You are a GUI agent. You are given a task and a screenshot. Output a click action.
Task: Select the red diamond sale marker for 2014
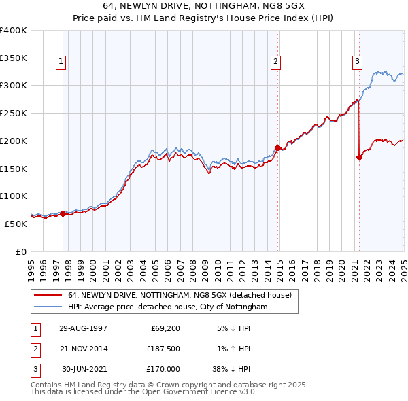(x=277, y=147)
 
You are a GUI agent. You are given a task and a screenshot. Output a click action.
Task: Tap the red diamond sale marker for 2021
(x=359, y=157)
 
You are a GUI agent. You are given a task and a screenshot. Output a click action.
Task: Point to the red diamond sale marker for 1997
(x=63, y=213)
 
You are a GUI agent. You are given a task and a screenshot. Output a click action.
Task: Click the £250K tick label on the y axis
(x=14, y=113)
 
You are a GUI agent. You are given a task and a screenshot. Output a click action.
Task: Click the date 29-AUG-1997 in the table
(x=84, y=329)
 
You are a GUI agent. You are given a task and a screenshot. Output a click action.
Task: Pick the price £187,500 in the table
(x=163, y=349)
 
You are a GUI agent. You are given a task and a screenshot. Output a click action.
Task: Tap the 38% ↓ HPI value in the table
(x=231, y=369)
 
